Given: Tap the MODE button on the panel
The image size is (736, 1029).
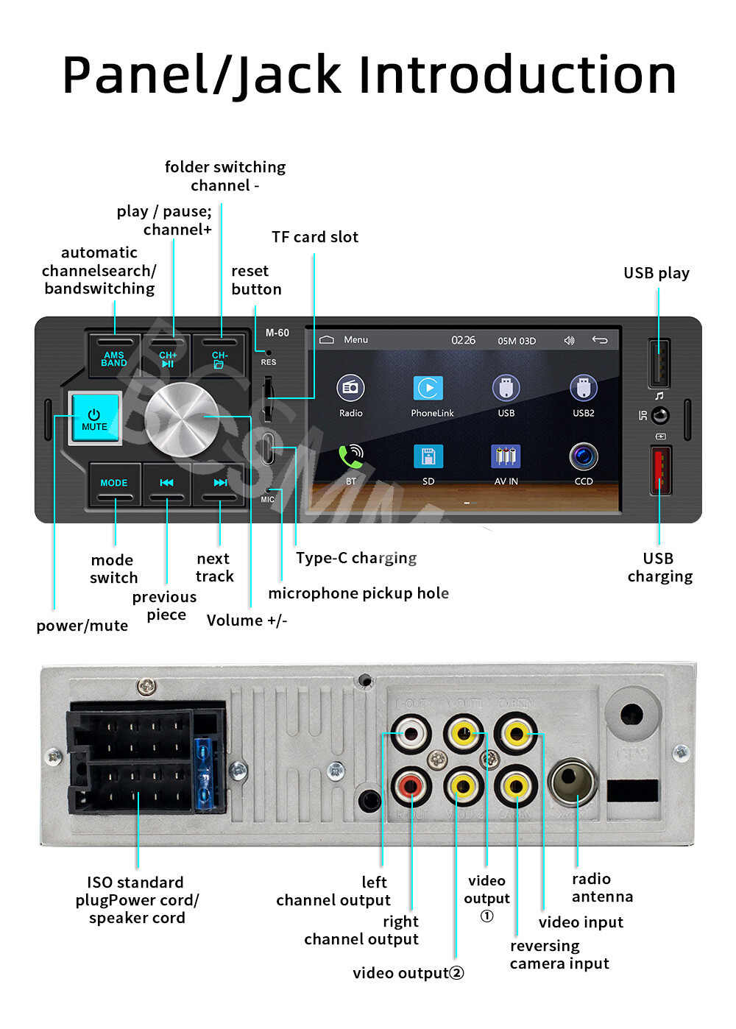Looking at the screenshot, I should click(114, 483).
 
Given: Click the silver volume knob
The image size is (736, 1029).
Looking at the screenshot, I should click(181, 419).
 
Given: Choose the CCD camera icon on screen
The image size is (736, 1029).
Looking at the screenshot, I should click(584, 457).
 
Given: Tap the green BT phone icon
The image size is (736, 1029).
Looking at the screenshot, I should click(351, 457).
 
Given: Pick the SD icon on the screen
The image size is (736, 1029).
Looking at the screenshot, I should click(428, 457).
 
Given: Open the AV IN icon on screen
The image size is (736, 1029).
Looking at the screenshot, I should click(506, 457).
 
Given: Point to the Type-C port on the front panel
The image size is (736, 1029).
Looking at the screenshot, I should click(268, 448).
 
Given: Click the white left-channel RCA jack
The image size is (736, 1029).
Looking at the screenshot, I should click(410, 734).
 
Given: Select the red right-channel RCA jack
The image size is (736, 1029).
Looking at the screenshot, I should click(410, 786).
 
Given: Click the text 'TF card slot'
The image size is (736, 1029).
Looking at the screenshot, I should click(315, 237).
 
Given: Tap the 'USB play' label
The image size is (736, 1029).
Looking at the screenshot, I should click(656, 273).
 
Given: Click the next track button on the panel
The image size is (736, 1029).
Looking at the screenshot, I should click(219, 483).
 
